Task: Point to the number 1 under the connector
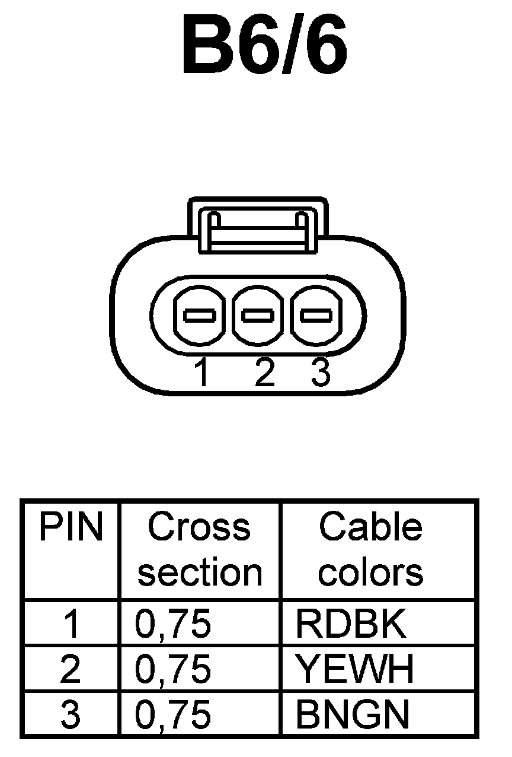click(203, 373)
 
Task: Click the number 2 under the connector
click(264, 373)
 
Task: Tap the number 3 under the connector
click(320, 373)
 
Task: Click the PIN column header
click(71, 527)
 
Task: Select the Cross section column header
click(200, 549)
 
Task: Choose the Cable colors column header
click(371, 549)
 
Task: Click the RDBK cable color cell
click(351, 624)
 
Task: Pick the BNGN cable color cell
click(352, 715)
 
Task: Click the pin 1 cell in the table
click(71, 624)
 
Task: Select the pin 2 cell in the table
click(71, 669)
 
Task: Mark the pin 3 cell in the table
click(71, 715)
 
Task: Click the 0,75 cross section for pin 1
click(173, 624)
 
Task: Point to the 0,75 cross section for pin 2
click(173, 669)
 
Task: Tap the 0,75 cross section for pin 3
click(173, 715)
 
